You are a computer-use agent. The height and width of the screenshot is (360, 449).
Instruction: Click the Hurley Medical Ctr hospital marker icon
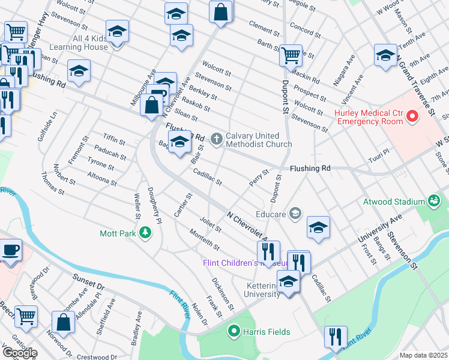click(x=412, y=116)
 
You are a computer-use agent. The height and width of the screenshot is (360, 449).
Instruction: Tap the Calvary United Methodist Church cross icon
click(x=216, y=139)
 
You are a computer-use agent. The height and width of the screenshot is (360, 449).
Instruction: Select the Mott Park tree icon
click(x=145, y=232)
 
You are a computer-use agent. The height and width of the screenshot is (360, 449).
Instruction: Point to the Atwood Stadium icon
click(x=433, y=201)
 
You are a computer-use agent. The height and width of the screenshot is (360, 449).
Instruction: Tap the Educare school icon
click(x=295, y=213)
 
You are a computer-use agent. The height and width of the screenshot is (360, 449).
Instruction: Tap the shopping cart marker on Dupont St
click(x=291, y=55)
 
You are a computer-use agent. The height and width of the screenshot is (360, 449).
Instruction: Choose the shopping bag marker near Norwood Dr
click(x=63, y=321)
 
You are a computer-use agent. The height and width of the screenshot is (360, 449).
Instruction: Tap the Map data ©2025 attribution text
click(x=424, y=355)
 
